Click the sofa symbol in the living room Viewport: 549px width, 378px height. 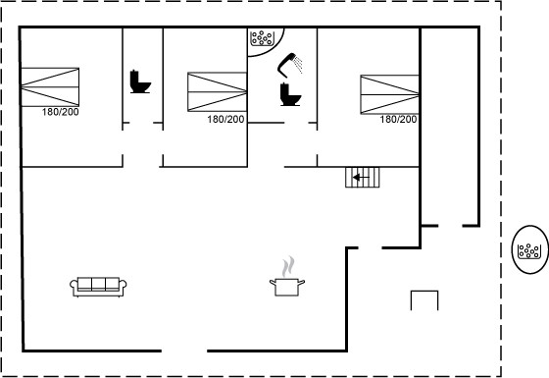tap(98, 287)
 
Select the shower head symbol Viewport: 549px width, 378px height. tap(287, 65)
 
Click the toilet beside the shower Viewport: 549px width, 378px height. tap(290, 94)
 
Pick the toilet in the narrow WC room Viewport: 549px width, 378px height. tap(140, 81)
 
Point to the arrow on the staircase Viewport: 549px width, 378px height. tap(361, 178)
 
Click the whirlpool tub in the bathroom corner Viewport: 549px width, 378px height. tap(262, 38)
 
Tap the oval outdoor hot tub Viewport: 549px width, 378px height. tap(530, 249)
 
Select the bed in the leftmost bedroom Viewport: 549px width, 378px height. tap(50, 87)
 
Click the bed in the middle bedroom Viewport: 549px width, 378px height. tap(217, 92)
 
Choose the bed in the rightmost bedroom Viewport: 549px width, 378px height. tap(390, 94)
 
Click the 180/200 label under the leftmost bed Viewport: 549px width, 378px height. tap(60, 112)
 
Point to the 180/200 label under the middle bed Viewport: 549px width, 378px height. tap(225, 120)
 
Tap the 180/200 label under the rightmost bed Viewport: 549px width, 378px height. tap(398, 120)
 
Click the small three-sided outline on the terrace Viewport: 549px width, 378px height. tap(424, 291)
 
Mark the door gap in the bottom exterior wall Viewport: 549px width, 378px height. tap(184, 351)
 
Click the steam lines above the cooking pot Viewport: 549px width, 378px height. tap(288, 266)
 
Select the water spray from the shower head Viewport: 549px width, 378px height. tap(298, 65)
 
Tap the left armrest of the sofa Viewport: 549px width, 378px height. tap(74, 286)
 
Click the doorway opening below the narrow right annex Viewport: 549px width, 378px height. tap(450, 226)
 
